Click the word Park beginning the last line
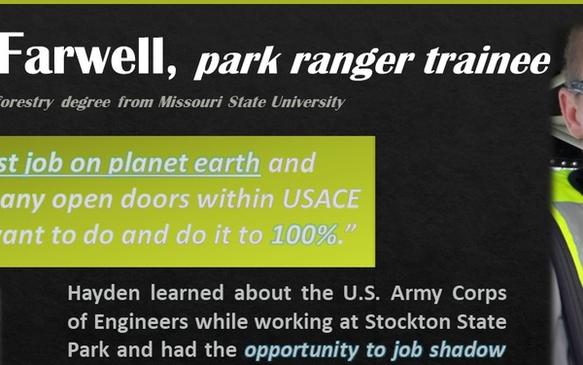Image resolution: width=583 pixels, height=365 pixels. (91, 350)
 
